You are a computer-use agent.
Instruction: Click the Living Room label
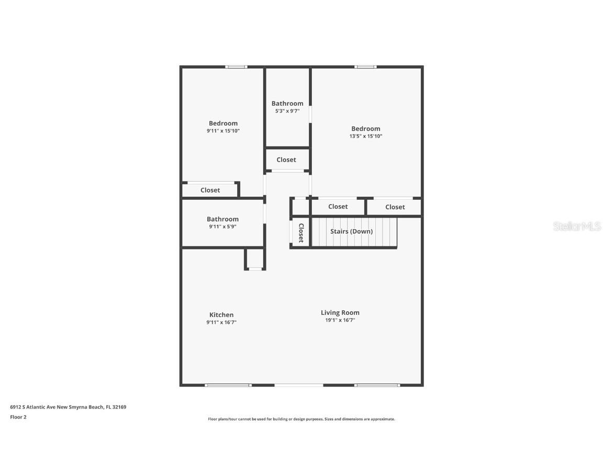point(340,312)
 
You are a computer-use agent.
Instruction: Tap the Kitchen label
point(221,314)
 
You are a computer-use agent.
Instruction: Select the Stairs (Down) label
point(352,231)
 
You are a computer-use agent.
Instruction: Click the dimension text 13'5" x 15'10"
point(366,136)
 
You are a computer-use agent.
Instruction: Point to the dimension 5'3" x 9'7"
point(287,111)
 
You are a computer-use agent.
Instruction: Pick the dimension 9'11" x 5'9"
point(222,227)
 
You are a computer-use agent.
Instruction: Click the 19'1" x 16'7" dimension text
point(340,320)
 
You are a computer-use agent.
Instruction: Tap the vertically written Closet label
point(301,233)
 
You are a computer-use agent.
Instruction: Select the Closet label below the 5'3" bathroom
point(286,160)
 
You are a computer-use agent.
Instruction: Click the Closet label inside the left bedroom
point(210,190)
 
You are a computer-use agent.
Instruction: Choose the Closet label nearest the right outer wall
point(395,207)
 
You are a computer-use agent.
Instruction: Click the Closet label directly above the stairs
point(338,207)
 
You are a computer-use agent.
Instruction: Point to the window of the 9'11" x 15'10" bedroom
point(236,67)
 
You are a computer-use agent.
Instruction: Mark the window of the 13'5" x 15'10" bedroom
point(365,67)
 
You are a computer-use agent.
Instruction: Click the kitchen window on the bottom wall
point(228,385)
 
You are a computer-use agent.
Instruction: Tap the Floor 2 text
point(18,417)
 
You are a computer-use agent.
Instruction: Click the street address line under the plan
point(68,407)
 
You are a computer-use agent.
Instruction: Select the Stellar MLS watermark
point(577,226)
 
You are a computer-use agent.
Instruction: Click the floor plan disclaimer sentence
point(301,419)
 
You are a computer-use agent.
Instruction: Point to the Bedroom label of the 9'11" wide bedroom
point(223,123)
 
